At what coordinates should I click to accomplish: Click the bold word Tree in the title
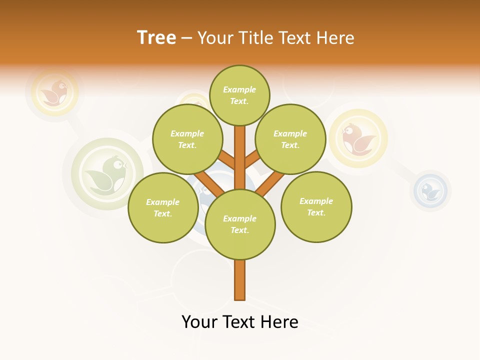click(x=156, y=37)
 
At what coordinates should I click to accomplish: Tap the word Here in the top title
click(x=336, y=37)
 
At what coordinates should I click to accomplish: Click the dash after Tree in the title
click(x=186, y=38)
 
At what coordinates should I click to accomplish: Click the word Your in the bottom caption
click(x=199, y=322)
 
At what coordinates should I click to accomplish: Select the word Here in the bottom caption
click(x=279, y=322)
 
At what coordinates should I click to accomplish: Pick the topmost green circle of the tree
click(x=239, y=95)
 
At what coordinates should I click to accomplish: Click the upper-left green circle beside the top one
click(x=187, y=139)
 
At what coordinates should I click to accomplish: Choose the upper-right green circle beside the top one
click(x=290, y=139)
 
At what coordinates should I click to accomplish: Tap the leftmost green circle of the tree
click(x=163, y=207)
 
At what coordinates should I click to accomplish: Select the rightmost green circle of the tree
click(x=316, y=206)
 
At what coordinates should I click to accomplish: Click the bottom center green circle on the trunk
click(x=240, y=224)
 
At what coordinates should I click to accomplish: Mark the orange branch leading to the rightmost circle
click(x=270, y=182)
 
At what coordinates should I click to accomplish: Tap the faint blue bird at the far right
click(x=430, y=190)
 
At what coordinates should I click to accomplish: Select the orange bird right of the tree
click(x=358, y=138)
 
